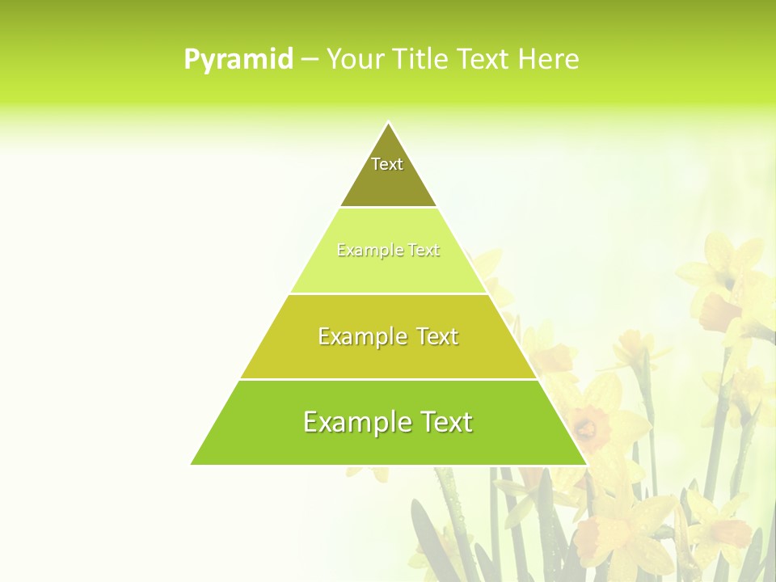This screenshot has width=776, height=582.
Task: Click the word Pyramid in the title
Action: pos(238,60)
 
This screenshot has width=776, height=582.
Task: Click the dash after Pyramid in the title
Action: pos(310,60)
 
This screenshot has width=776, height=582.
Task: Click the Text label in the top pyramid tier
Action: pos(387,164)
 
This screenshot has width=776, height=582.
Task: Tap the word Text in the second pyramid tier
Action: pos(424,251)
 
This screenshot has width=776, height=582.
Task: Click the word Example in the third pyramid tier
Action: pos(361,336)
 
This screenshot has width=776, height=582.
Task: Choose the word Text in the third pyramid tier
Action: pos(437,336)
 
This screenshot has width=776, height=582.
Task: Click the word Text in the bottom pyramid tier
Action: pos(445,422)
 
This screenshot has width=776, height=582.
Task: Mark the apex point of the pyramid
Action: pos(388,122)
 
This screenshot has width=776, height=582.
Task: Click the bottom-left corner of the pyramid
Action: pos(192,464)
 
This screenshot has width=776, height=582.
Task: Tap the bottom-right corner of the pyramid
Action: pos(586,464)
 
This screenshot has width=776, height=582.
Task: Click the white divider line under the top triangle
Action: pos(388,208)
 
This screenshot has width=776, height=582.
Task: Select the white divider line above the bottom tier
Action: pos(388,379)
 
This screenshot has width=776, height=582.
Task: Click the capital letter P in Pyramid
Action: pos(191,60)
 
